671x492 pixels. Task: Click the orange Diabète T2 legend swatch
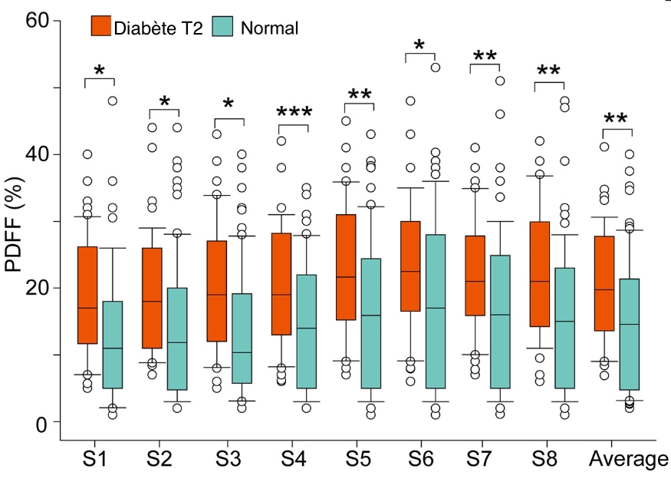[102, 27]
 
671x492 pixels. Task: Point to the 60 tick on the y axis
[51, 21]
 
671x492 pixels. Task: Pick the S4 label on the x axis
[293, 460]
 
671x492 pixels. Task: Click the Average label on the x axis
[628, 460]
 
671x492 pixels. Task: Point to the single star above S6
[419, 45]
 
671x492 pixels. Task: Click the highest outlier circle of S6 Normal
[435, 68]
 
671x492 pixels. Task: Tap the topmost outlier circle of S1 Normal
[113, 101]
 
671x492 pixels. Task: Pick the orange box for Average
[605, 283]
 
